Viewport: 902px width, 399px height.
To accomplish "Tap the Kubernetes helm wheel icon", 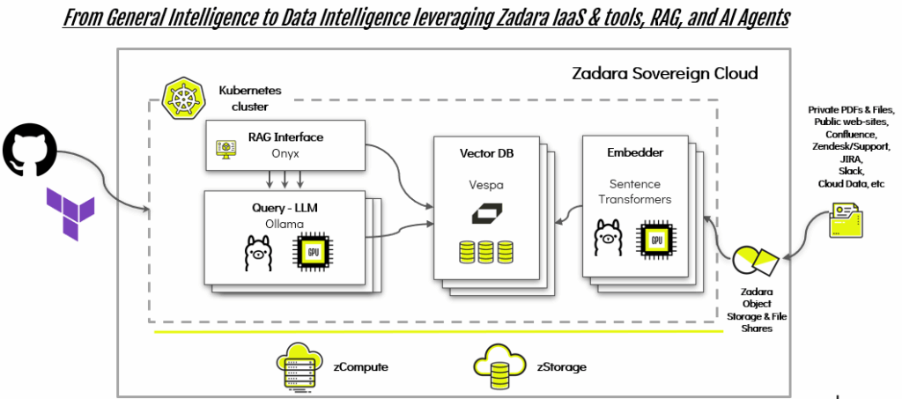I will point(180,96).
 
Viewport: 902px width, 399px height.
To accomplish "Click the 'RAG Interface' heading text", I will point(285,137).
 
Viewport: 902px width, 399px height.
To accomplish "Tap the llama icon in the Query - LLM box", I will point(257,254).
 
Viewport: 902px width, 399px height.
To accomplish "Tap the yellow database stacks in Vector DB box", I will point(486,252).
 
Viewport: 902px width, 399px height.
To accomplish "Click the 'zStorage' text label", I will point(562,363).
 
